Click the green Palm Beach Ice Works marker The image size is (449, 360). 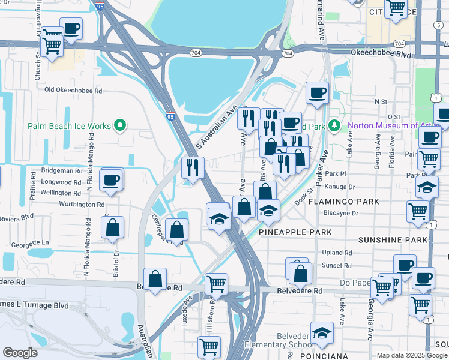[x=120, y=126]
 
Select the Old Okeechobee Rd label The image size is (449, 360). [x=74, y=91]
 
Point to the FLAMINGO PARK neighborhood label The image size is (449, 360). [x=344, y=202]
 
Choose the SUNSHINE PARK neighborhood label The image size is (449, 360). [x=392, y=240]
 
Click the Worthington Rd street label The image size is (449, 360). [x=82, y=205]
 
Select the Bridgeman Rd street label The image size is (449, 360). [x=62, y=171]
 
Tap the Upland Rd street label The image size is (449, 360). [x=336, y=253]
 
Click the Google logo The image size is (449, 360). [x=20, y=353]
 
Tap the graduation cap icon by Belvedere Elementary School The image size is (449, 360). [x=322, y=332]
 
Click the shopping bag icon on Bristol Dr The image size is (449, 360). [x=112, y=228]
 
